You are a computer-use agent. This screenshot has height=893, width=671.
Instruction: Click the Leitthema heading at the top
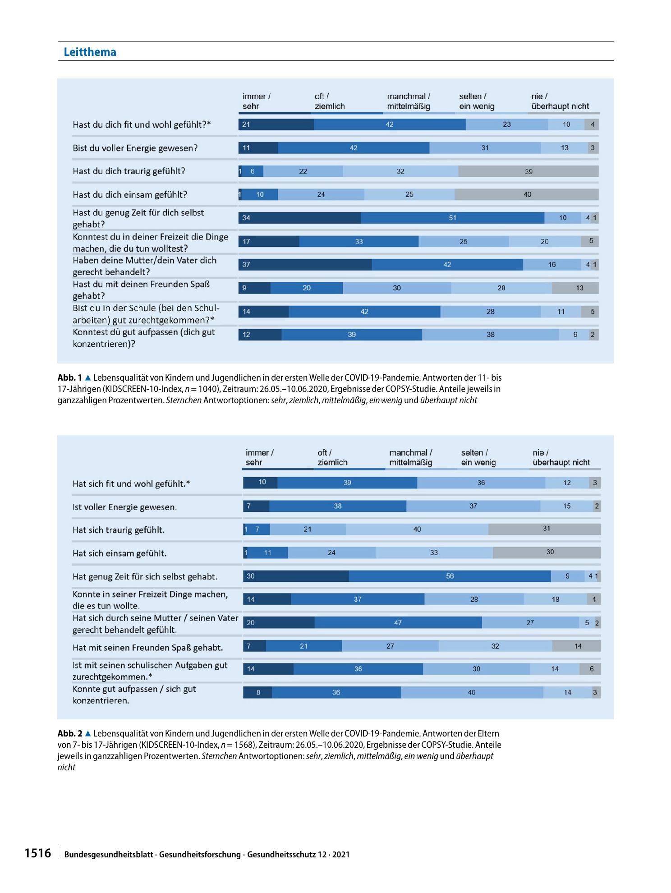coord(90,52)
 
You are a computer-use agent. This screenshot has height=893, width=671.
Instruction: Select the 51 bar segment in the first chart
coord(452,218)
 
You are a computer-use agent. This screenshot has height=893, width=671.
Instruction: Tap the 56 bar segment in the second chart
coord(450,576)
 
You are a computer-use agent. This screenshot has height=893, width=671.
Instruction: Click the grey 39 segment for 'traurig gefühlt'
coord(529,171)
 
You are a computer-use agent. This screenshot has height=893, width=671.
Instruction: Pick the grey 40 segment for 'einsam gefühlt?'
coord(527,194)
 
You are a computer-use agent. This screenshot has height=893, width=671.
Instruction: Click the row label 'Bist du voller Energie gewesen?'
coord(135,148)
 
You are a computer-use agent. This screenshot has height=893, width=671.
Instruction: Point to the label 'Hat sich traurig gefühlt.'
coord(119,530)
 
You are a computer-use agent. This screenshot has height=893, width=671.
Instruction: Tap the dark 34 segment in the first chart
coord(299,218)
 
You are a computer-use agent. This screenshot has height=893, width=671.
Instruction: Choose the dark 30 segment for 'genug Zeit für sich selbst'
coord(296,576)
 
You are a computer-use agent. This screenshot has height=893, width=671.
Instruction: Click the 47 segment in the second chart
coord(398,623)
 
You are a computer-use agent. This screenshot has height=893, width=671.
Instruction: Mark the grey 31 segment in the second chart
coord(545,529)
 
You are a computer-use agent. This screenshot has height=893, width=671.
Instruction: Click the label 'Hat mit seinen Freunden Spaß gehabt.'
coord(148,648)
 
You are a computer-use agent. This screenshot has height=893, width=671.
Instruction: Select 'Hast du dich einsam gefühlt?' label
coord(130,195)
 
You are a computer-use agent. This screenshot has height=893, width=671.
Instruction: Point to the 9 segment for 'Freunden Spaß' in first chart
coord(254,288)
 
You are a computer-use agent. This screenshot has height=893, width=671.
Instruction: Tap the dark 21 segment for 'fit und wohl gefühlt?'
coord(276,124)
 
